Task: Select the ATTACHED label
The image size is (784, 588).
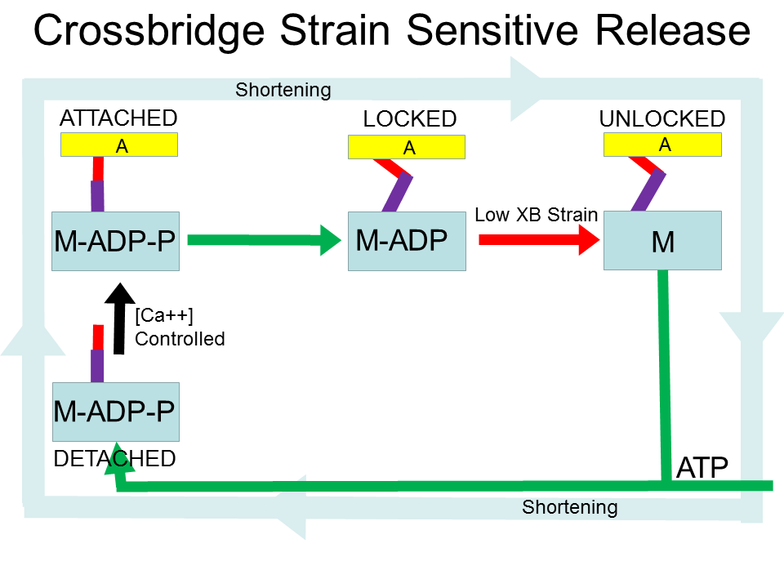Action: coord(118,118)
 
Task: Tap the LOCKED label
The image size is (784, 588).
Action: coord(409,119)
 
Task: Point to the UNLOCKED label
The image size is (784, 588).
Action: coord(661,119)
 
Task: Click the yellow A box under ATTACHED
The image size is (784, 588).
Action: coord(119,145)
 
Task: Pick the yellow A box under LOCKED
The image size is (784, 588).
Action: coord(407,147)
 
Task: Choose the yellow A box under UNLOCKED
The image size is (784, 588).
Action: coord(662,145)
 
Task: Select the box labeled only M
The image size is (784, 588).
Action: coord(662,241)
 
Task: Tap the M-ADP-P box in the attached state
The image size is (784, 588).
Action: coord(115,241)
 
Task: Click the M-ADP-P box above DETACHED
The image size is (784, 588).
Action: coord(115,412)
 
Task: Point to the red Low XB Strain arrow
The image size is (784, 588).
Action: coord(539,240)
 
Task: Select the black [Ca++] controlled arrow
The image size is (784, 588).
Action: coord(119,318)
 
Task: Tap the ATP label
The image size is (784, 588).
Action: coord(702,468)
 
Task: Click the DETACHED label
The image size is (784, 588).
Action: coord(114,459)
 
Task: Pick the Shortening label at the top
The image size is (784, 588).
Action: coord(283,90)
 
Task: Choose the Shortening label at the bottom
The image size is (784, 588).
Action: coord(570,507)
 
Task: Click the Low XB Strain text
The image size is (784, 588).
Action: coord(537,216)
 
